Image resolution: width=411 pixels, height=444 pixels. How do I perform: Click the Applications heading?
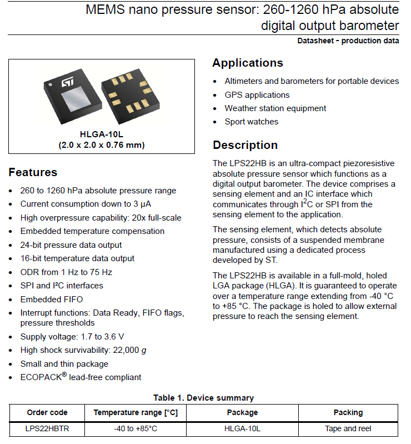point(248,63)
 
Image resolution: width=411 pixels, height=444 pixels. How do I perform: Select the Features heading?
point(33,172)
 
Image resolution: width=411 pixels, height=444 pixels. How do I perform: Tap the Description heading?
point(245,145)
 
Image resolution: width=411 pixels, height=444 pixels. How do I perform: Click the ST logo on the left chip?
point(67,82)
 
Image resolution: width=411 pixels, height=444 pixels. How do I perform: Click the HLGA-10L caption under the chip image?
point(102,135)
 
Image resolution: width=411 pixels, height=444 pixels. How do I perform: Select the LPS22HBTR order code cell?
point(47,428)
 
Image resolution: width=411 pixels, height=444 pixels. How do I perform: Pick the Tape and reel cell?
point(348,428)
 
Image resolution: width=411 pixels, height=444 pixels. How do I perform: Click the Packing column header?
point(348,412)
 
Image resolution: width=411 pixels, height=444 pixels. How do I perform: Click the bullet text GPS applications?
point(257,95)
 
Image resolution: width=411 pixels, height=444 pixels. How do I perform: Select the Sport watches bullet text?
point(252,122)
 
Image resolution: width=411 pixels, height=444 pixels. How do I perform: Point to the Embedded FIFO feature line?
point(52,299)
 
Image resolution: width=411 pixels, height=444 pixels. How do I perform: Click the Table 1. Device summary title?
point(203,398)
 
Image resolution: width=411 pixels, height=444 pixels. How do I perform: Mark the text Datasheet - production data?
point(348,41)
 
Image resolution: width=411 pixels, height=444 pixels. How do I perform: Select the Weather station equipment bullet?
point(275,108)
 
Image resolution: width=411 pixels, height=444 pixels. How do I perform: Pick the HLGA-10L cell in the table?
point(242,428)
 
